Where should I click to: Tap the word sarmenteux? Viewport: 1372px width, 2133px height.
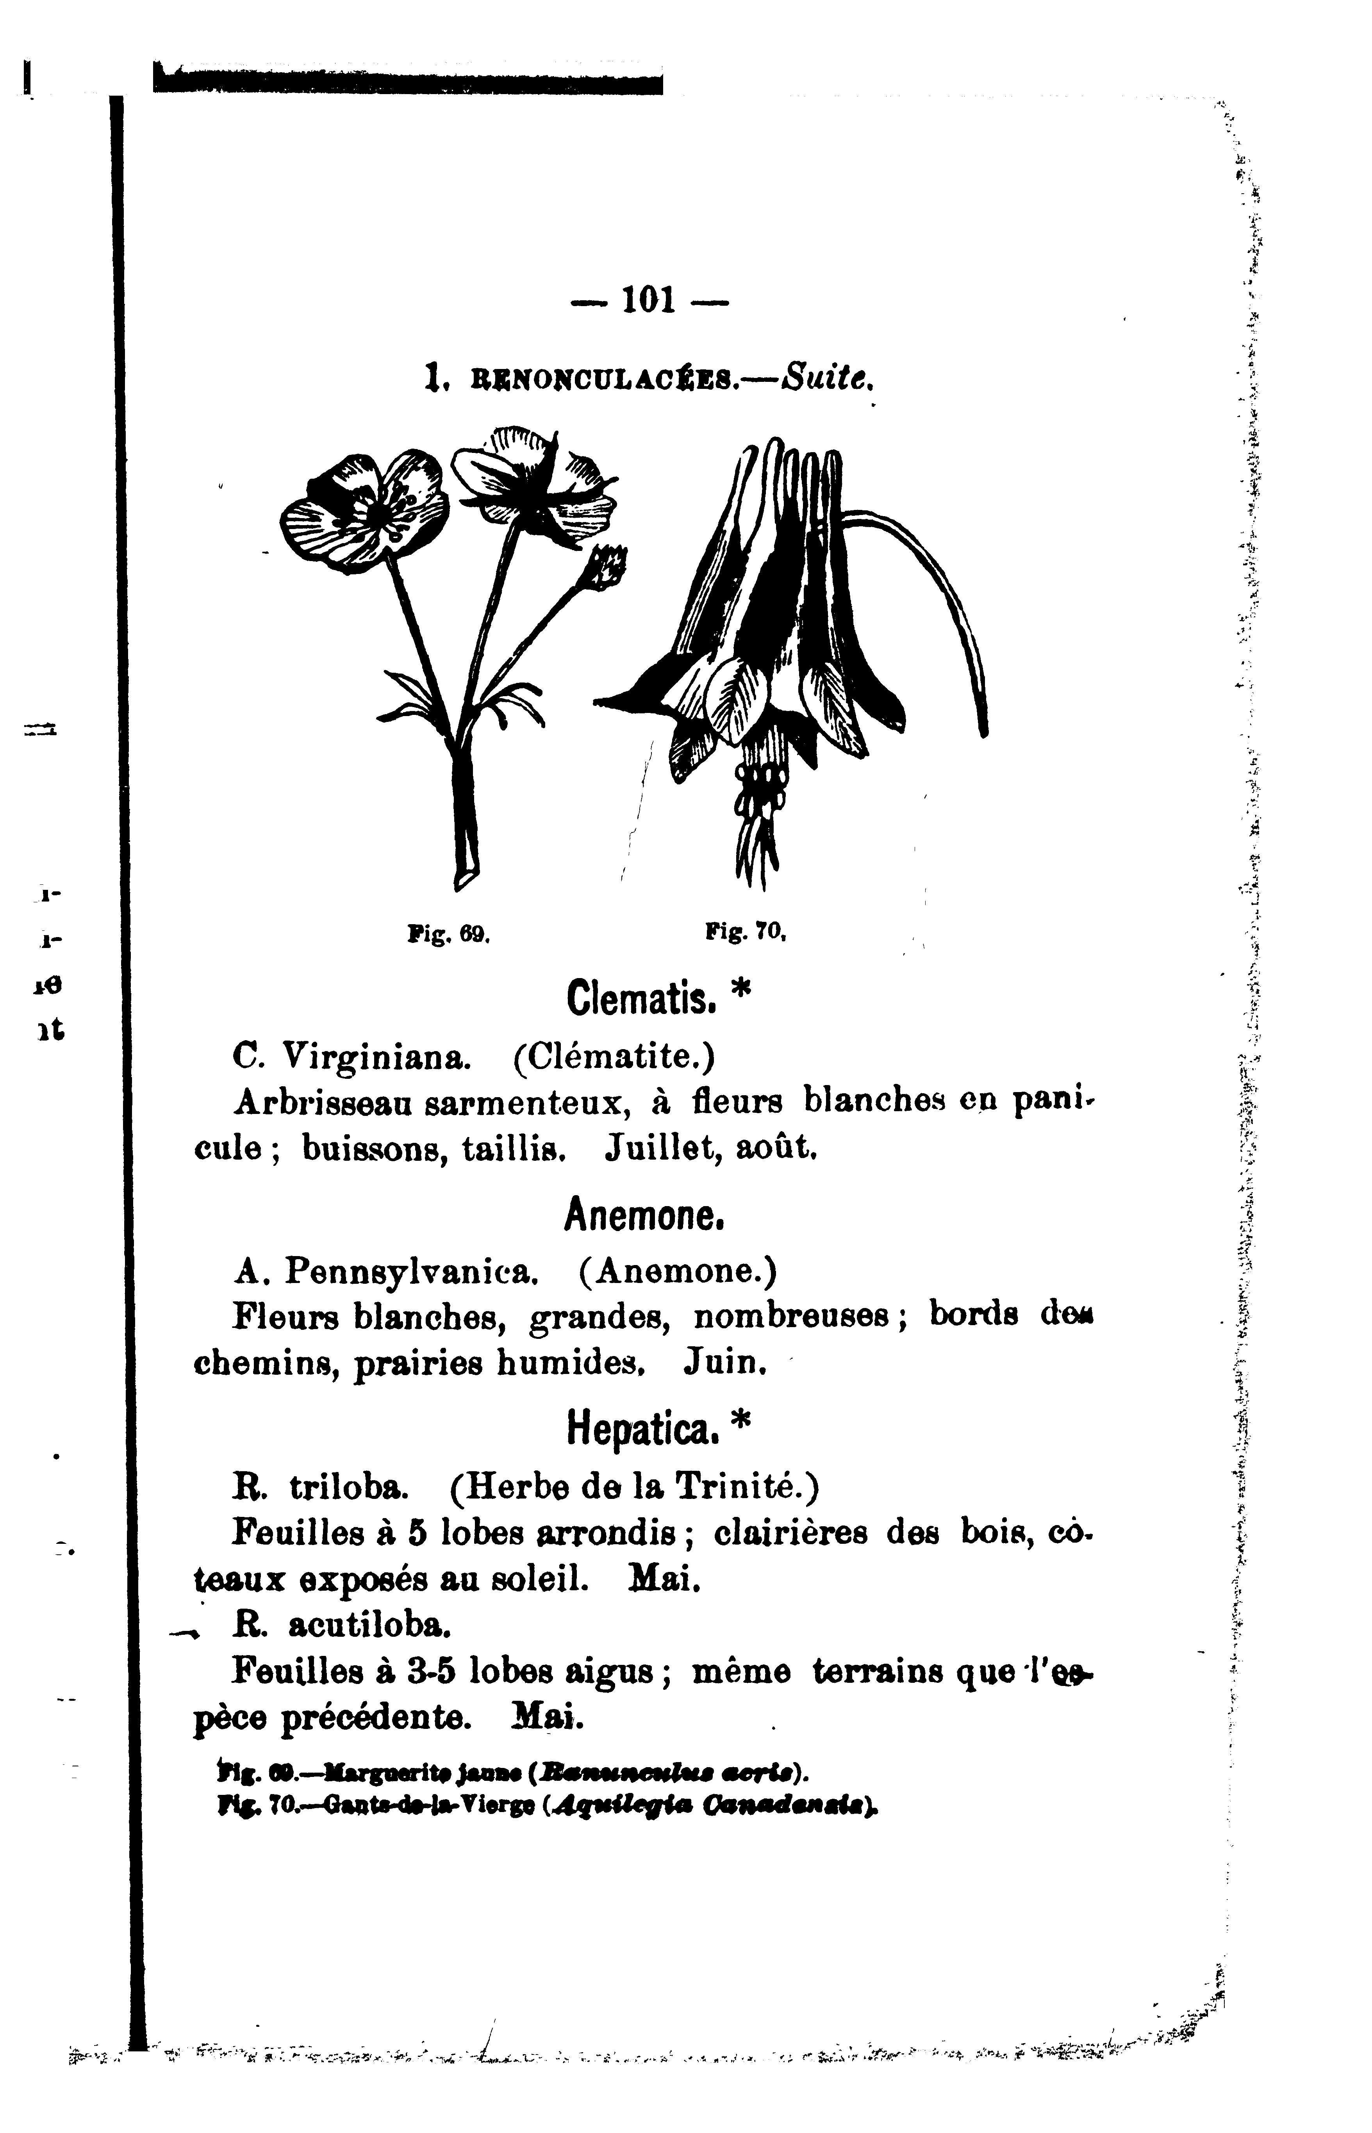[x=527, y=1104]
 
